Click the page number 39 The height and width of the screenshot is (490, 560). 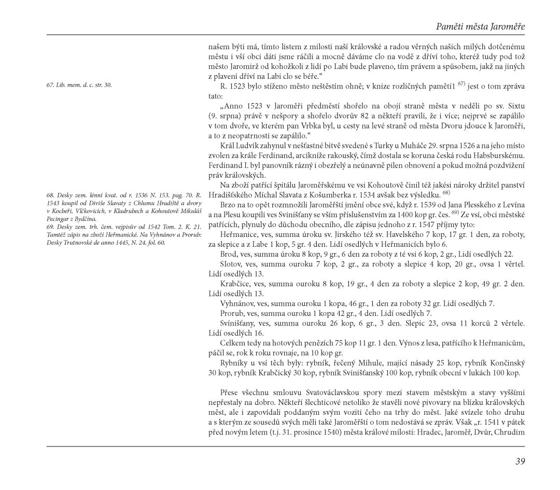point(520,461)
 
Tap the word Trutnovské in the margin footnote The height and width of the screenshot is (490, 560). point(74,242)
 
